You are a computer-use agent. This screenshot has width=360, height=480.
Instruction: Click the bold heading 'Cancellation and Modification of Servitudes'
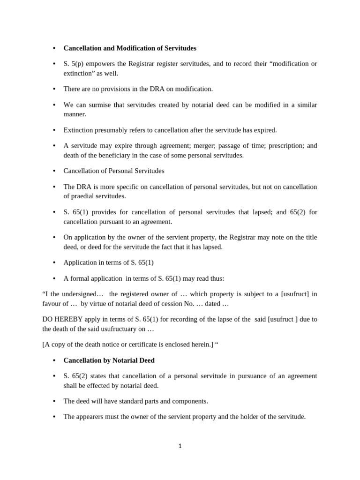[x=130, y=48]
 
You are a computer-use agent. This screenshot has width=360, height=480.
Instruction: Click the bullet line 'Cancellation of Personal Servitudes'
[x=114, y=171]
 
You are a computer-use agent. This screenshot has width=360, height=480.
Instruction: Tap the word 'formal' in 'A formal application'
[x=80, y=278]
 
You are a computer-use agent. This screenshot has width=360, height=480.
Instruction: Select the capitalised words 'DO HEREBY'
[x=59, y=319]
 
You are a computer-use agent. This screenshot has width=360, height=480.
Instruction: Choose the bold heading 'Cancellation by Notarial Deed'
[x=109, y=360]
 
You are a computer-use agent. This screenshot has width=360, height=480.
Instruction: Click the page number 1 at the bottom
[x=180, y=446]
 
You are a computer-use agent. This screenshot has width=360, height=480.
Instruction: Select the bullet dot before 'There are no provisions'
[x=54, y=89]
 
